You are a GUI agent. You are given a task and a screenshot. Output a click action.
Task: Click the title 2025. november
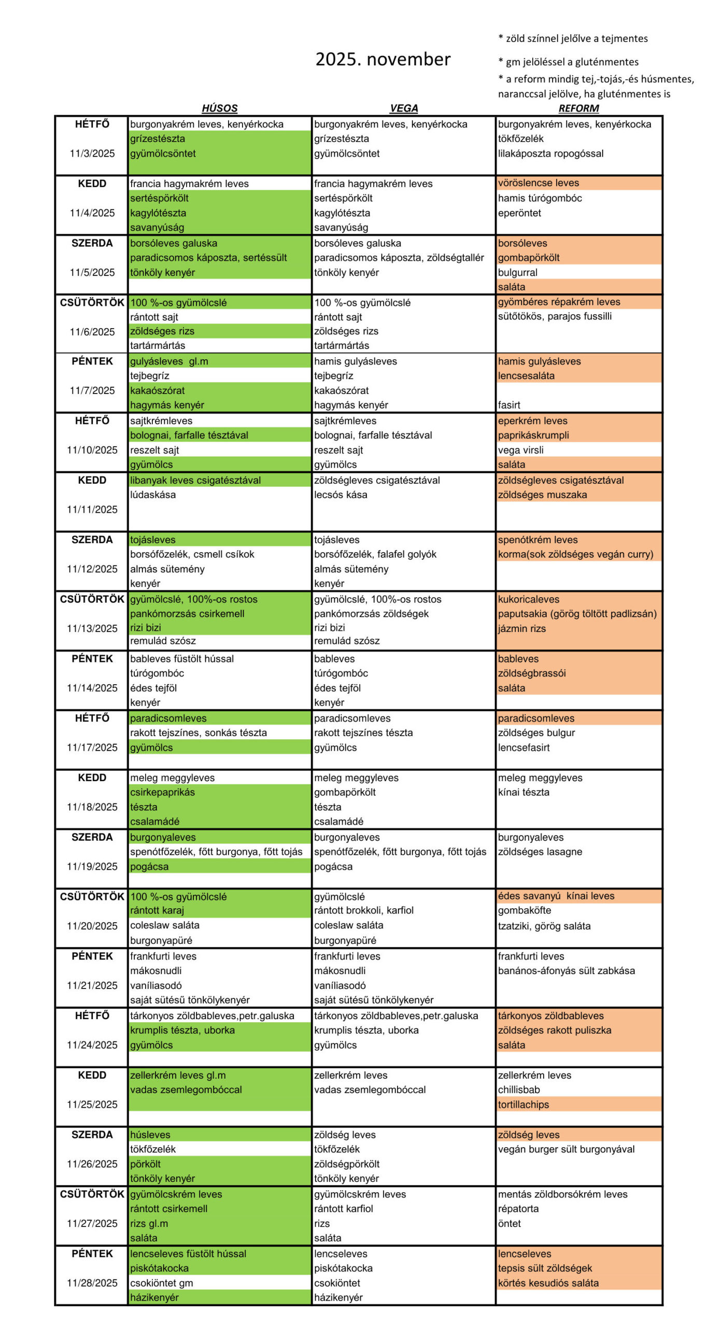[382, 59]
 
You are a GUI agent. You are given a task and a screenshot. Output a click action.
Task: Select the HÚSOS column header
[219, 108]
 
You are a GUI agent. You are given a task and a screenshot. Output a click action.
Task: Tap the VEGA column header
[403, 108]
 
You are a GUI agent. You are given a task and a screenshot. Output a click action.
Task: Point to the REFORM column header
[578, 108]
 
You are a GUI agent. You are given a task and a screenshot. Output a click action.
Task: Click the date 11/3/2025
[92, 153]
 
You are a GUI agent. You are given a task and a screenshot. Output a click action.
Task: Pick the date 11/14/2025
[92, 688]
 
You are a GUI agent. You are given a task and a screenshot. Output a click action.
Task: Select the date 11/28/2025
[92, 1282]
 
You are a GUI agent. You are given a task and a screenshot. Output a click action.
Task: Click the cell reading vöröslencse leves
[538, 183]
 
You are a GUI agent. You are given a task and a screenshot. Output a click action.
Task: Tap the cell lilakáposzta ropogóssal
[550, 153]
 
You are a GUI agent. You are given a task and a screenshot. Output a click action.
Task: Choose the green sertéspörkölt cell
[160, 198]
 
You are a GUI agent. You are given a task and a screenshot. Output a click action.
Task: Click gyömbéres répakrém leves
[559, 302]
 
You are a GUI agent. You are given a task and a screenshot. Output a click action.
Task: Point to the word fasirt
[509, 405]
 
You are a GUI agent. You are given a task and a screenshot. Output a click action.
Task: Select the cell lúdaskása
[153, 495]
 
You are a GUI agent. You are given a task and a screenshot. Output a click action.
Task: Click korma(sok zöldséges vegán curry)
[575, 554]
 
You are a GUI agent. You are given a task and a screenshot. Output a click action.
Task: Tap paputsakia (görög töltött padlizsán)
[577, 614]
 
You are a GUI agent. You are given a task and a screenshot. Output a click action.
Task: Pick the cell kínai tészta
[523, 792]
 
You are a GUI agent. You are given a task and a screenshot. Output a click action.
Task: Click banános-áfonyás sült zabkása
[566, 970]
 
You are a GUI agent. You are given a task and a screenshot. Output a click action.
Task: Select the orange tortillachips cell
[523, 1104]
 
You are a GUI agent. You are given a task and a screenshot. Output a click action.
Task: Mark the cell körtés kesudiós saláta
[548, 1282]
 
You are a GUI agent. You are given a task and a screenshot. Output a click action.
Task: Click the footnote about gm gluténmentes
[569, 62]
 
